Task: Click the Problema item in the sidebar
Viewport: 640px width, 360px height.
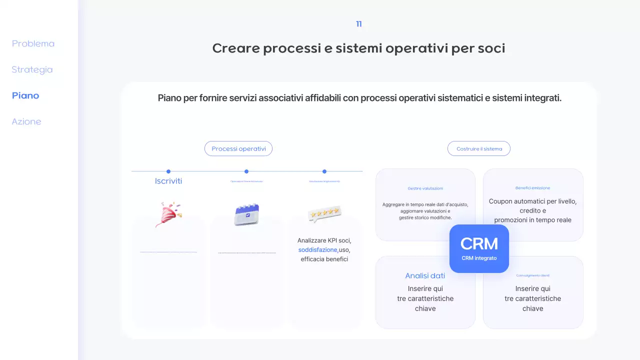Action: pyautogui.click(x=33, y=43)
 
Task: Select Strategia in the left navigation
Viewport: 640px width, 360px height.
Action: pyautogui.click(x=32, y=69)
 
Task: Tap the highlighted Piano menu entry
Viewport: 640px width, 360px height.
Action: pyautogui.click(x=25, y=95)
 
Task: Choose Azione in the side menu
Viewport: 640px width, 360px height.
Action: pyautogui.click(x=26, y=121)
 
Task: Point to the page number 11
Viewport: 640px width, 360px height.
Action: pyautogui.click(x=358, y=24)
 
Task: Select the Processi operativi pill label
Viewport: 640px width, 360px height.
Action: pyautogui.click(x=238, y=148)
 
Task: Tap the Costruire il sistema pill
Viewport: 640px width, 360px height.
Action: pyautogui.click(x=479, y=148)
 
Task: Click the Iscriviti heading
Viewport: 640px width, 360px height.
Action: pyautogui.click(x=168, y=181)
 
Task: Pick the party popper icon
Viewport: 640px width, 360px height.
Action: pyautogui.click(x=168, y=214)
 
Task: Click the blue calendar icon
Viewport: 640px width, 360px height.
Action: pyautogui.click(x=246, y=214)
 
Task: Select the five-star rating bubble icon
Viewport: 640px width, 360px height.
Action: pyautogui.click(x=324, y=213)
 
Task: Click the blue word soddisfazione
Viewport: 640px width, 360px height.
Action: pyautogui.click(x=317, y=249)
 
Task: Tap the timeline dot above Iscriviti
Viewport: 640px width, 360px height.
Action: pyautogui.click(x=168, y=171)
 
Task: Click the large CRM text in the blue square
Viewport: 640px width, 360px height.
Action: pyautogui.click(x=479, y=243)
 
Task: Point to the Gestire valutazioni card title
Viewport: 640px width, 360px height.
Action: pyautogui.click(x=425, y=188)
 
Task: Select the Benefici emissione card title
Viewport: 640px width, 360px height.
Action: pyautogui.click(x=532, y=188)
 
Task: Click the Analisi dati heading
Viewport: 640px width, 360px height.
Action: pyautogui.click(x=425, y=275)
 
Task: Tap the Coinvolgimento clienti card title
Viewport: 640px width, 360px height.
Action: pyautogui.click(x=532, y=275)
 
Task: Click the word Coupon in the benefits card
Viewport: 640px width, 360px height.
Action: pyautogui.click(x=501, y=201)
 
